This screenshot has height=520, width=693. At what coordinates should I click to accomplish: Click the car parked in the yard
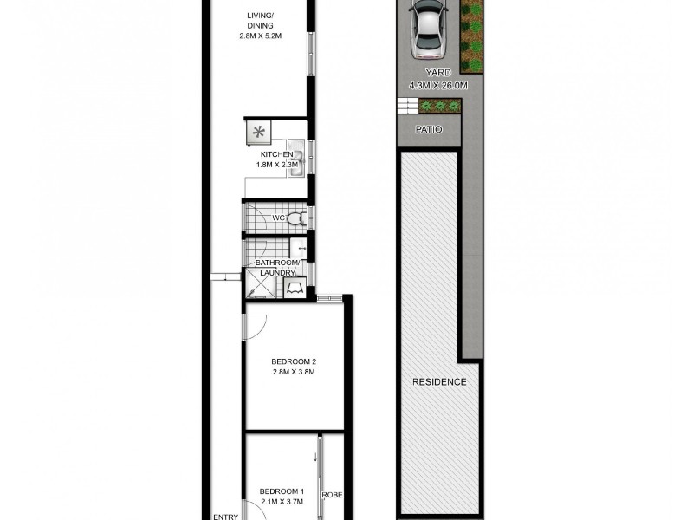click(429, 27)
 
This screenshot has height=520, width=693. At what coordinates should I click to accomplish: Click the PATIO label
click(428, 129)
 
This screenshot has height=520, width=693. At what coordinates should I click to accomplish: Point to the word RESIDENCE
click(439, 382)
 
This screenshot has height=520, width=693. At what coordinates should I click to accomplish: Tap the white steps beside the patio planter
click(406, 107)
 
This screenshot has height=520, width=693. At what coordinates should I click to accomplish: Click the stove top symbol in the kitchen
click(257, 133)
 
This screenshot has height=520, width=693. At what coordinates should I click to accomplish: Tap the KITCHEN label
click(265, 154)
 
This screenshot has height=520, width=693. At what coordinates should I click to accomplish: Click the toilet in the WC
click(294, 218)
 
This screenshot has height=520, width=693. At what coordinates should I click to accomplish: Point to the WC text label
click(279, 218)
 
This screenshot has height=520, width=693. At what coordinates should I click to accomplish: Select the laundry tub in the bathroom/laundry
click(295, 286)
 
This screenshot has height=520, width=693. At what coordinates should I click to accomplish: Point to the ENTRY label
click(226, 517)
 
